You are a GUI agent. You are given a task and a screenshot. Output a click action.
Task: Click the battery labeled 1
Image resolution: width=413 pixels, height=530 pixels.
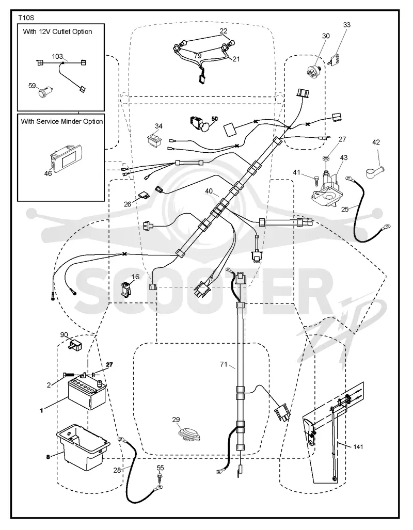(x=87, y=394)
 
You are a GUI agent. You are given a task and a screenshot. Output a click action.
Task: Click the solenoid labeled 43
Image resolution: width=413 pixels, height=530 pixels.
(x=327, y=189)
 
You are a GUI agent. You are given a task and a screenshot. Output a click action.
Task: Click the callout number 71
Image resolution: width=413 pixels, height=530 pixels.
(x=224, y=364)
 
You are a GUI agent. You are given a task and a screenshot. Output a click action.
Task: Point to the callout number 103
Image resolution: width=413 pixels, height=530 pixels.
(x=57, y=56)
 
